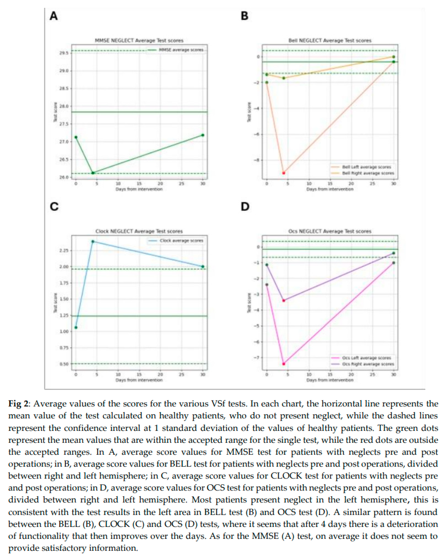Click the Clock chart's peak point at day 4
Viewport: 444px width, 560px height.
point(93,241)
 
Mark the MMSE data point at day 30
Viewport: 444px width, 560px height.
point(203,135)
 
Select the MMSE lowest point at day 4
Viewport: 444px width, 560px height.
point(93,173)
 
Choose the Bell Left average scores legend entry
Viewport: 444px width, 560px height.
point(366,167)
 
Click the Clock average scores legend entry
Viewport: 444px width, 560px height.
point(181,241)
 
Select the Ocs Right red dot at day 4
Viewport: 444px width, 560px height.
point(284,301)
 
